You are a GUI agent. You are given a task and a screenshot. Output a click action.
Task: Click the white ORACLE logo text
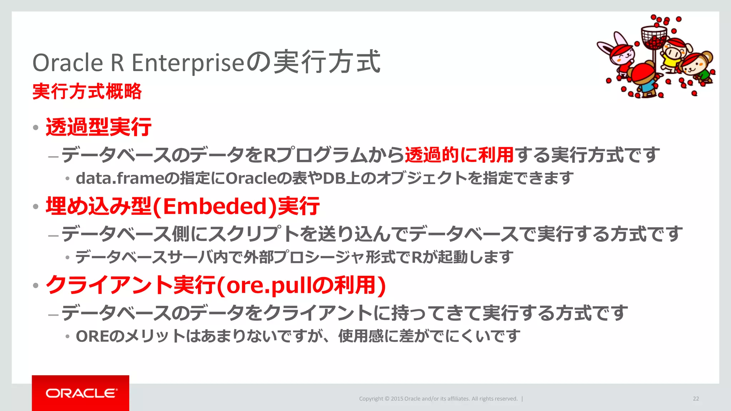[81, 393]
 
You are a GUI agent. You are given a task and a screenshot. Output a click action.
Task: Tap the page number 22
[696, 399]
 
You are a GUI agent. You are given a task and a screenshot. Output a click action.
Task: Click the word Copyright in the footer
[371, 399]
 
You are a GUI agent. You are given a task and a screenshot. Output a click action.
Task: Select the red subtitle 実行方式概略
[87, 91]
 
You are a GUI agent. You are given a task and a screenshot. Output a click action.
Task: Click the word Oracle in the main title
[68, 63]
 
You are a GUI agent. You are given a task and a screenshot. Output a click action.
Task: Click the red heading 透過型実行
[99, 127]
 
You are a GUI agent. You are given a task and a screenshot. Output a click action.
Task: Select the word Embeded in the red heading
[215, 206]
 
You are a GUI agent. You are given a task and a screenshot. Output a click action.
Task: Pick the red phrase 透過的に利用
[459, 155]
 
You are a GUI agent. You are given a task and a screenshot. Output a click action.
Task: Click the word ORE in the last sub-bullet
[91, 336]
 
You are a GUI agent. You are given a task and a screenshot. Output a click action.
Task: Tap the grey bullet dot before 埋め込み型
[35, 207]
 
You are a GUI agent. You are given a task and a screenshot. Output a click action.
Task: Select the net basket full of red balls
[654, 38]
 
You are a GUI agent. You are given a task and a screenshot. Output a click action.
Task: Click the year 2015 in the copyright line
[397, 399]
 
